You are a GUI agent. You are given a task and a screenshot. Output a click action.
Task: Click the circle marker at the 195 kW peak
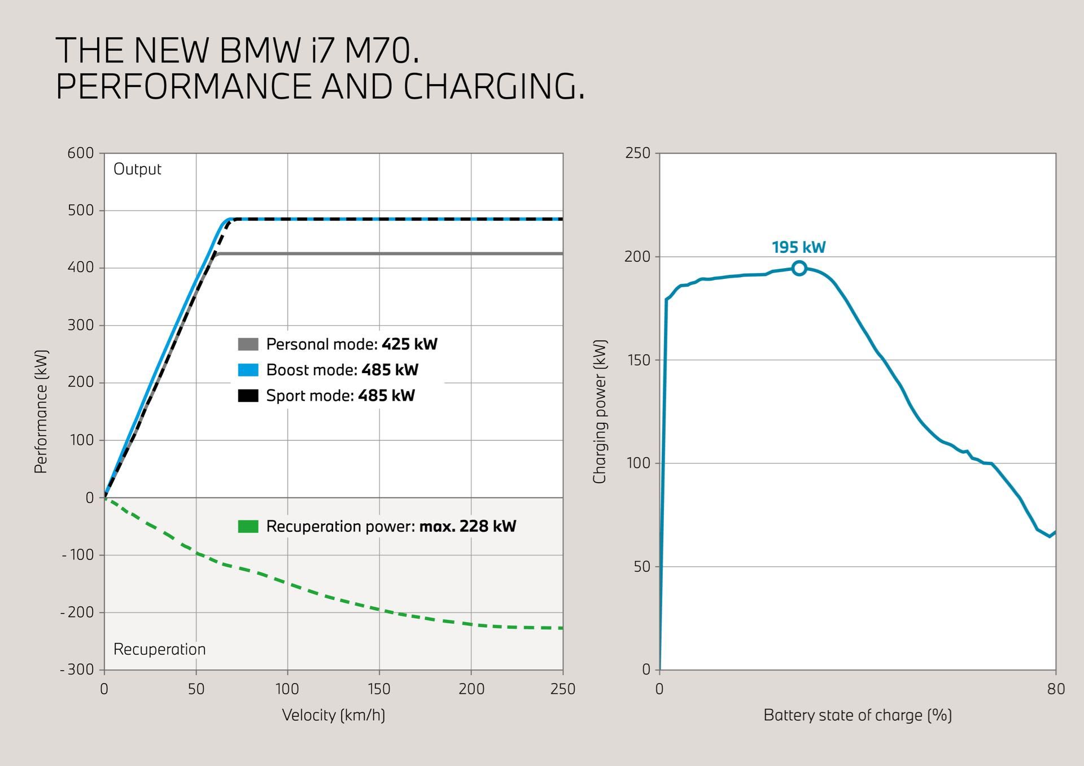pos(799,268)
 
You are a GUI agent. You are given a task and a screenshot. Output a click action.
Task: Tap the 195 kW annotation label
pos(798,247)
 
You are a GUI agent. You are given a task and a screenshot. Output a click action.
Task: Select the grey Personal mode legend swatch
pos(248,344)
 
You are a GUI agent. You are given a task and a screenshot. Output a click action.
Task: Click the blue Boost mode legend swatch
pos(248,370)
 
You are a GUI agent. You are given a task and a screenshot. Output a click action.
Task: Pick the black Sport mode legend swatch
pos(248,396)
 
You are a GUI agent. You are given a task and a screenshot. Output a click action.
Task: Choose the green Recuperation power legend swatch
pos(248,527)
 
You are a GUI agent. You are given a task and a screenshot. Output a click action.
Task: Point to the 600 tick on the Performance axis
pos(81,153)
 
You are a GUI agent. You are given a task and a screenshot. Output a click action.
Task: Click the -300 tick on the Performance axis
pos(77,669)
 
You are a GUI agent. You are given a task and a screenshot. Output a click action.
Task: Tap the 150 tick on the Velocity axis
pos(379,689)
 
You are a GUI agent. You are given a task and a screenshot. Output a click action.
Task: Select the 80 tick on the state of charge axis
pos(1056,689)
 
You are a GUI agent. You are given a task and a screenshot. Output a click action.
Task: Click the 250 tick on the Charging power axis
pos(638,153)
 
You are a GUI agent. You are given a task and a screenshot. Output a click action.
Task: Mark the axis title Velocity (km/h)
pos(333,715)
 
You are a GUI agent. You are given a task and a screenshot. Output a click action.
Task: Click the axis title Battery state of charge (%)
pos(858,715)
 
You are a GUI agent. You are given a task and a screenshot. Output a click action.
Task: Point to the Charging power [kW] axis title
pos(599,412)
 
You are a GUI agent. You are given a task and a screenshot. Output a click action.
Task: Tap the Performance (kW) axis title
pos(41,412)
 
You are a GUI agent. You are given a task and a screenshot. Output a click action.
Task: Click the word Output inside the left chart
pos(137,169)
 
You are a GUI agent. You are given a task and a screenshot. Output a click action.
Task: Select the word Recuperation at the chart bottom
pos(159,649)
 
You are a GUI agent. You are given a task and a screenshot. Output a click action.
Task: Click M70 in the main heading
pos(382,50)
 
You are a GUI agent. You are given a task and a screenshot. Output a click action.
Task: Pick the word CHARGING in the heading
pos(493,86)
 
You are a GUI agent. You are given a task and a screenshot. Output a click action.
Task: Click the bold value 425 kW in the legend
pos(409,344)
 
